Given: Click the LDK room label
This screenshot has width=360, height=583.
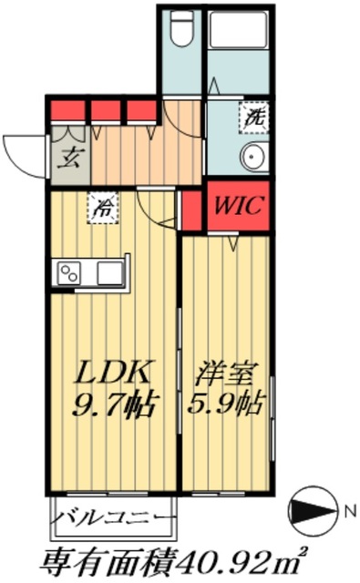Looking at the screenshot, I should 110,373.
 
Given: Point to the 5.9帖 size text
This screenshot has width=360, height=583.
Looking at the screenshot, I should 227,402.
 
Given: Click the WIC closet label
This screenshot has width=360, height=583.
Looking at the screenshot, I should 237,206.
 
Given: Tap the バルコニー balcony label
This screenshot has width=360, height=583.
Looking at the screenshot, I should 113,518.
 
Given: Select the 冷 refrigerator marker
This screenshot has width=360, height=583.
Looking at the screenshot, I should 103,207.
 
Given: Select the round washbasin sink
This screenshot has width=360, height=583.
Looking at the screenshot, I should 252,157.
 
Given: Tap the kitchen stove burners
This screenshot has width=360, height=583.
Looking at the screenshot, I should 69,271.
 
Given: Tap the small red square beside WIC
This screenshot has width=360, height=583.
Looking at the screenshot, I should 191,209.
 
